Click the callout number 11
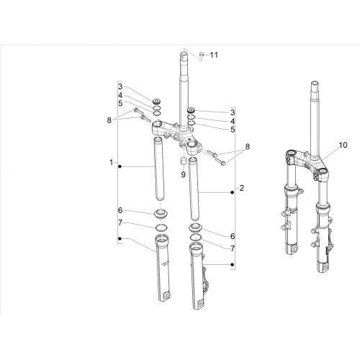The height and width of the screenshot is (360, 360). point(214,55)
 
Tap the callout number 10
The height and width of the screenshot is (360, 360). point(343,145)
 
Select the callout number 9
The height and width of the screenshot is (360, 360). point(184,175)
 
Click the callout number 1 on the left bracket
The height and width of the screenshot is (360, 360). point(111,163)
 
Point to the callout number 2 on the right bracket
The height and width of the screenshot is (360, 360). point(242,188)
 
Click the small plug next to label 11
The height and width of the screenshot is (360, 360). point(202,55)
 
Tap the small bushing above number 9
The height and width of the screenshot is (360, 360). point(184,161)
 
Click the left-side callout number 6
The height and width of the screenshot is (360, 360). point(120,210)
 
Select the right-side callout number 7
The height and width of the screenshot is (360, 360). point(233,248)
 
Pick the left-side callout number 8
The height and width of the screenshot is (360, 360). point(109,120)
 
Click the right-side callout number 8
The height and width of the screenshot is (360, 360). point(247,146)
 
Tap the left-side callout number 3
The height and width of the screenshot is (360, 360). point(120,86)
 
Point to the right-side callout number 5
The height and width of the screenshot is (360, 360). point(233,130)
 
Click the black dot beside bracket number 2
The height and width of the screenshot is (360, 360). point(232,192)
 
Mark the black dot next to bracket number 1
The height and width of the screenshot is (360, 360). point(120,166)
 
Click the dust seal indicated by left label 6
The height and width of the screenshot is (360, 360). point(161,214)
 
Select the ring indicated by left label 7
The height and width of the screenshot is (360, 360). point(161,227)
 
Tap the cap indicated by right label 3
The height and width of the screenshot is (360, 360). point(192,110)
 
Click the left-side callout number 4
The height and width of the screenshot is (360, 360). point(120,95)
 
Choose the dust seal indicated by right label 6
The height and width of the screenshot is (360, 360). point(195,228)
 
